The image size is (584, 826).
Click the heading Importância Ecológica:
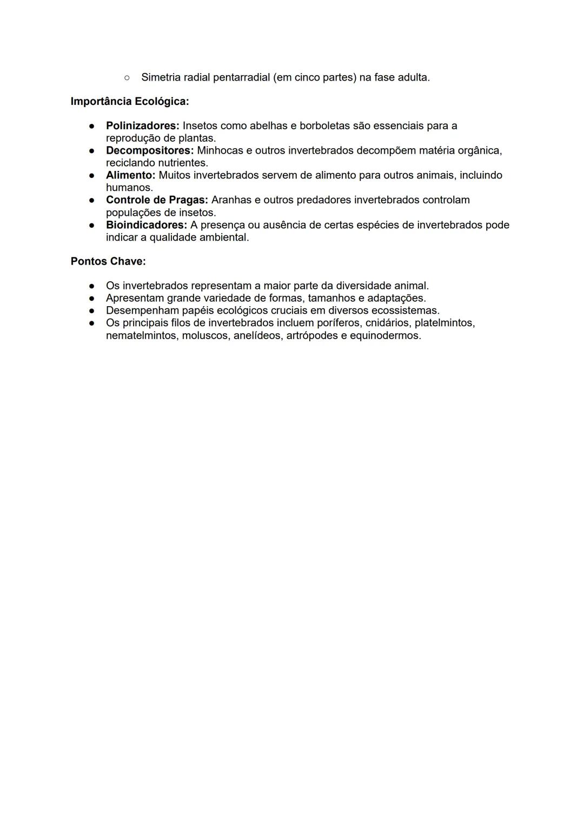click(130, 101)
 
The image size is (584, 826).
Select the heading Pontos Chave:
click(108, 261)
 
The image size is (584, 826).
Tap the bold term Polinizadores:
click(142, 125)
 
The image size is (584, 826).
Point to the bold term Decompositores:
click(149, 150)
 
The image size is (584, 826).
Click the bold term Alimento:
click(130, 175)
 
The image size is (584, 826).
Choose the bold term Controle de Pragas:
click(157, 200)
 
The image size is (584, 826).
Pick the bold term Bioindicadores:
click(146, 224)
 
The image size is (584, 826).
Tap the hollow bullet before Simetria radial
click(127, 77)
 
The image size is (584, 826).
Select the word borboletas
click(324, 125)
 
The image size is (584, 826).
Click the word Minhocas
click(220, 150)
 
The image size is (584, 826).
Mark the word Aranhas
click(231, 200)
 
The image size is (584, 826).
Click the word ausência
click(284, 224)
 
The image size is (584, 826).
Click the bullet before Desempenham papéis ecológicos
click(92, 310)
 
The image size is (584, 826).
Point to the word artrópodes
click(311, 335)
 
